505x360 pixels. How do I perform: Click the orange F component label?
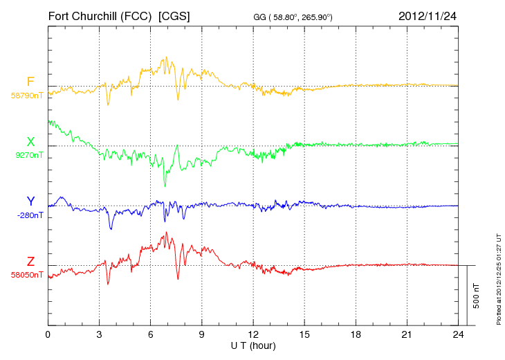pos(30,82)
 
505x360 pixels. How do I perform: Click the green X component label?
pos(30,142)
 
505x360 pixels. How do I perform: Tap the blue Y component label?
pos(30,201)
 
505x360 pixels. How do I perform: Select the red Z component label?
pos(30,261)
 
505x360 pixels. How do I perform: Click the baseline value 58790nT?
pos(27,96)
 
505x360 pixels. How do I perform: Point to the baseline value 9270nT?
pos(29,155)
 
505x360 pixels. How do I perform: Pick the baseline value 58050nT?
pos(27,274)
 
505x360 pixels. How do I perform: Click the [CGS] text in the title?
pos(174,15)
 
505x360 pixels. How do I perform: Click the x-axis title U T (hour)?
pos(252,345)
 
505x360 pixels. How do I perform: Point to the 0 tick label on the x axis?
pos(48,334)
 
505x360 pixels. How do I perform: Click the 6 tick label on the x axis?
pos(150,334)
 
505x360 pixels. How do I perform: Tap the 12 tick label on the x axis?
pos(253,334)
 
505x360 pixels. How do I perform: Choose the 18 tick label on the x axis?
pos(356,334)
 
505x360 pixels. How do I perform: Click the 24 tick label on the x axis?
pos(458,334)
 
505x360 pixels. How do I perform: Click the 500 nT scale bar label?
pos(477,296)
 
